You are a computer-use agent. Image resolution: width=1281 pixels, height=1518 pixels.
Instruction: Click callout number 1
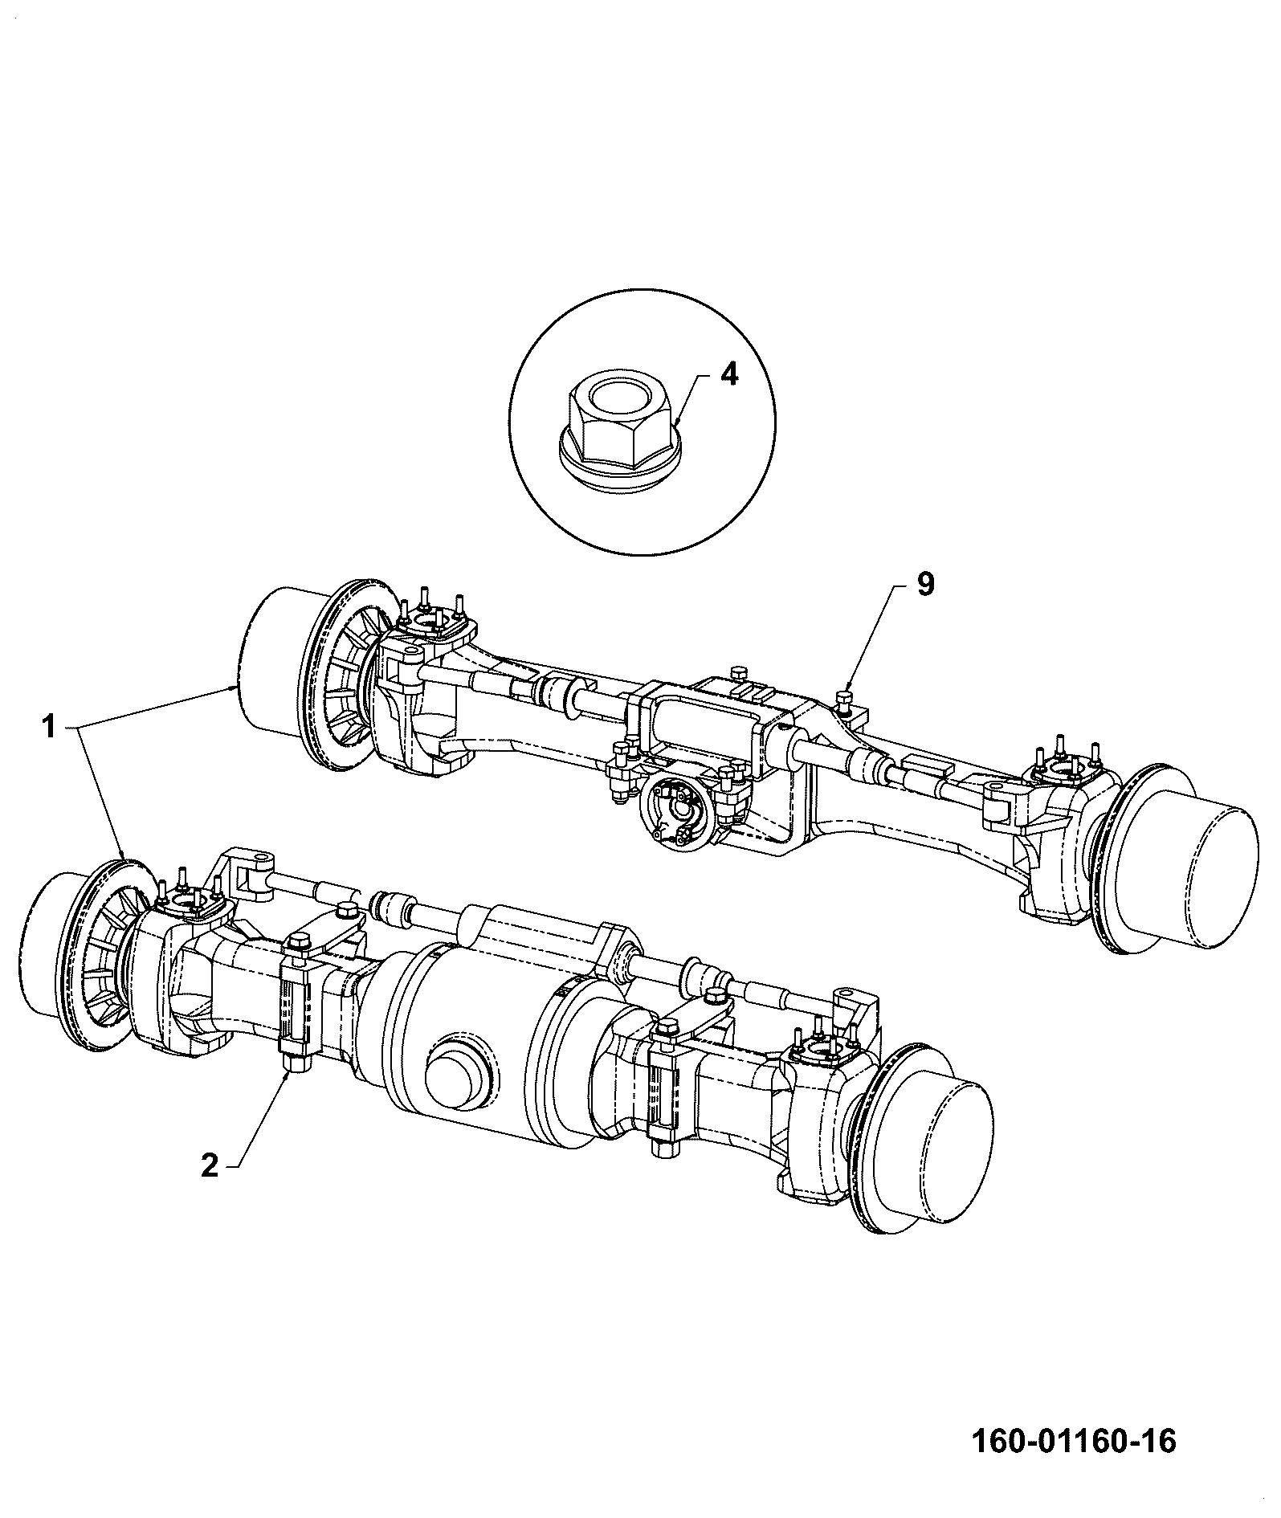coord(49,728)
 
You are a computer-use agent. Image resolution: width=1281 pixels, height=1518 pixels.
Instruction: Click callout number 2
coord(210,1165)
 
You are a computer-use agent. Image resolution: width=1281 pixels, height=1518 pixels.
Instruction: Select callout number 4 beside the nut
coord(728,376)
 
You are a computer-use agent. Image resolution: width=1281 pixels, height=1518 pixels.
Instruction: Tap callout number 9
coord(925,585)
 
